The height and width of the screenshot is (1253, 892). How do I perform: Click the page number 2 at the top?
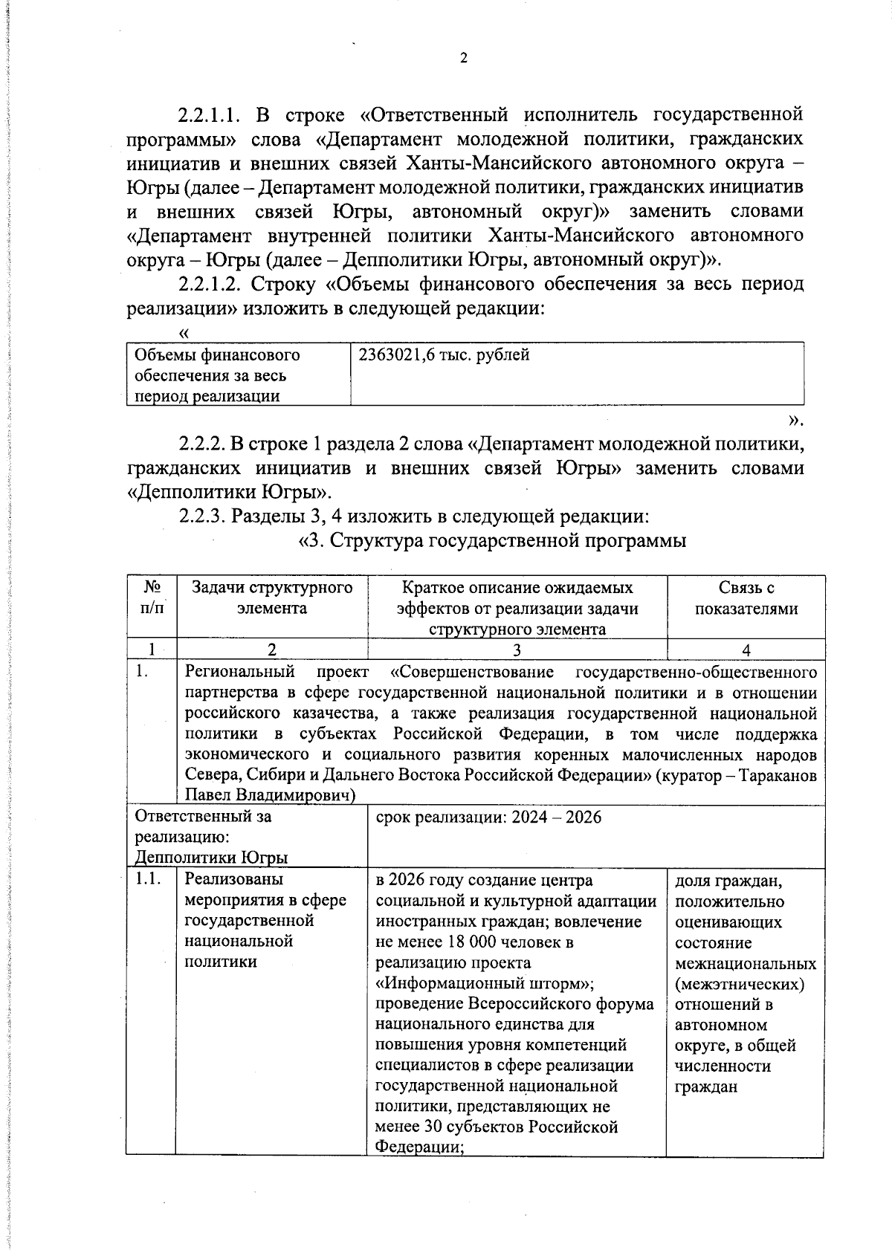[x=464, y=59]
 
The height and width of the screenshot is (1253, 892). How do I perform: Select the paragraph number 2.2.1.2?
[x=211, y=284]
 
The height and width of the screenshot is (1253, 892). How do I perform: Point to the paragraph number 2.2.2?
[x=201, y=444]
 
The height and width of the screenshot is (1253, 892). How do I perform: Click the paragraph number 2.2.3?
[x=201, y=515]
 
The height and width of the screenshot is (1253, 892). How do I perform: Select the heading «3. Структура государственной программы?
[x=491, y=540]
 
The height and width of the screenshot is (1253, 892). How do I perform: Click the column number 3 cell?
[x=517, y=649]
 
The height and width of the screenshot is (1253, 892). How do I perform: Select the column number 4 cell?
[x=746, y=649]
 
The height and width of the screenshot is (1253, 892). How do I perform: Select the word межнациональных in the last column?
[x=746, y=964]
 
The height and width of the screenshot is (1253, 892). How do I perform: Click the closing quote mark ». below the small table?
[x=795, y=421]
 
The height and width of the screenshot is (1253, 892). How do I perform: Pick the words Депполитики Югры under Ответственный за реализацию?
[x=211, y=858]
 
